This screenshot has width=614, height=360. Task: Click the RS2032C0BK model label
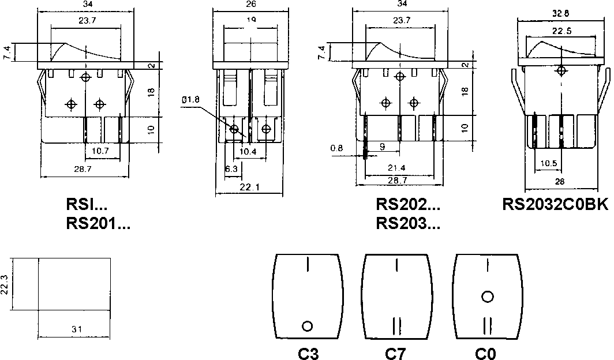coord(556,205)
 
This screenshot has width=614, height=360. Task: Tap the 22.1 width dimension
coord(249,187)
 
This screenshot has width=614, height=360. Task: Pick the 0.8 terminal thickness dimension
coord(337,148)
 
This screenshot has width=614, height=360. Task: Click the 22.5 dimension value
coord(559,32)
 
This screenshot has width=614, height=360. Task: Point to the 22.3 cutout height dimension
coord(5,283)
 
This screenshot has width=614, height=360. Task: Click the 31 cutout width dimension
coord(76,329)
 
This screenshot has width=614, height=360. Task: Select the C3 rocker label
coord(309,353)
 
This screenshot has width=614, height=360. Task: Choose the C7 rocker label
coord(396,353)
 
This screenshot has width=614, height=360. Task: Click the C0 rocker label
coord(486,353)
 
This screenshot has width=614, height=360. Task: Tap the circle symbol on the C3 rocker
coord(307,326)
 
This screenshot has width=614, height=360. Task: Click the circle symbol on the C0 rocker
coord(488,297)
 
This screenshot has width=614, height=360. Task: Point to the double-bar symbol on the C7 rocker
coord(397,326)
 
